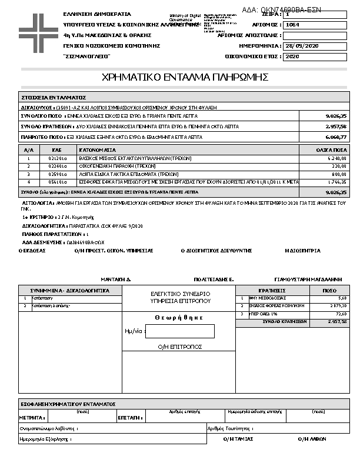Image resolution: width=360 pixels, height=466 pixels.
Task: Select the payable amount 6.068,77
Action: (x=336, y=137)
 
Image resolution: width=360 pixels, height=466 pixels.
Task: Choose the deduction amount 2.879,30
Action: (x=337, y=306)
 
